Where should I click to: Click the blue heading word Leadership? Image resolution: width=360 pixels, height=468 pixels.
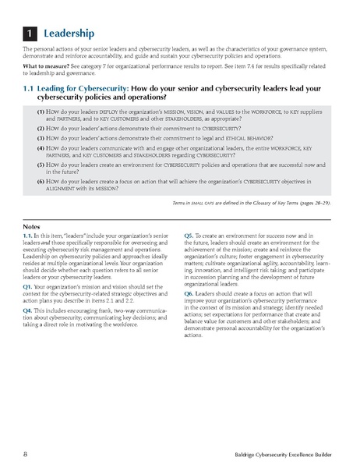(70, 34)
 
